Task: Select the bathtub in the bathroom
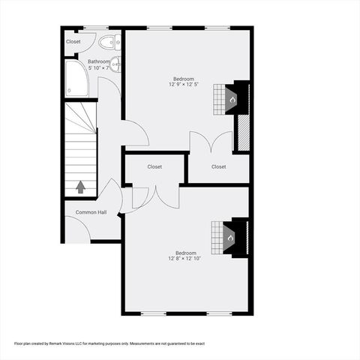76,79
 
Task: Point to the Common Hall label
91,212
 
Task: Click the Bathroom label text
98,61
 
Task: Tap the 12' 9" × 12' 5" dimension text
184,85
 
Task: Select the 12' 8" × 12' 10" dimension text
184,259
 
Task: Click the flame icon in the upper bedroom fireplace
232,98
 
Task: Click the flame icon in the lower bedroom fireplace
231,238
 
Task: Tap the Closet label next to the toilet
73,42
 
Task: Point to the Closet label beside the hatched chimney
218,166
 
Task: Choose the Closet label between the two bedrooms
154,166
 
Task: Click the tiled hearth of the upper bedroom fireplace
218,98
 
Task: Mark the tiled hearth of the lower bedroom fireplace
217,238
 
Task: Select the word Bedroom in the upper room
184,79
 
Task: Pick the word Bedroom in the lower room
186,253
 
